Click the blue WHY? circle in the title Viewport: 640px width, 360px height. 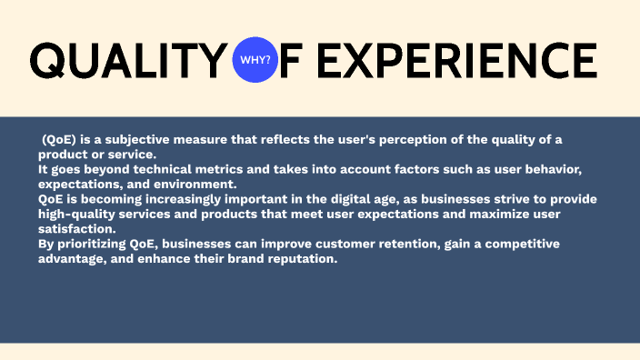255,60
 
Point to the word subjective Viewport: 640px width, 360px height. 130,138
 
